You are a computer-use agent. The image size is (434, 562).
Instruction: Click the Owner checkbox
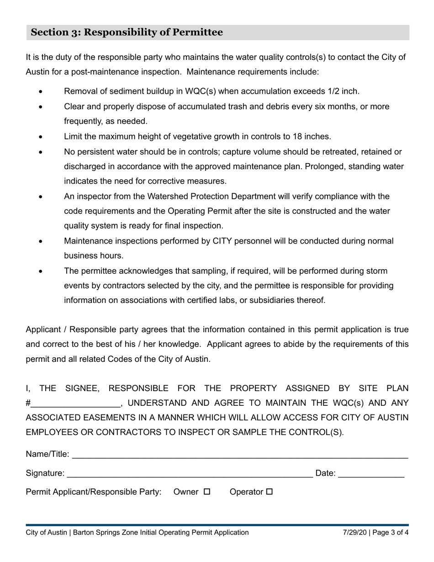pyautogui.click(x=206, y=492)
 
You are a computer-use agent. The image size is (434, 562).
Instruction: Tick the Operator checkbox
pyautogui.click(x=269, y=492)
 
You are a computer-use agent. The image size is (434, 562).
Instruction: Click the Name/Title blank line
pyautogui.click(x=240, y=455)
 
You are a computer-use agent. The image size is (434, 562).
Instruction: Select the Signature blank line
pyautogui.click(x=190, y=474)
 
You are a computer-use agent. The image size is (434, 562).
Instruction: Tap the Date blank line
pyautogui.click(x=371, y=474)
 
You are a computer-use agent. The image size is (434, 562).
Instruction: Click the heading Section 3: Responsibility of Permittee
pyautogui.click(x=127, y=32)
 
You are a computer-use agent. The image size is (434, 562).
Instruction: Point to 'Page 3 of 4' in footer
pyautogui.click(x=392, y=533)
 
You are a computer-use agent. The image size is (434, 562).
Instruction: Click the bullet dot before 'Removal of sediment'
pyautogui.click(x=41, y=92)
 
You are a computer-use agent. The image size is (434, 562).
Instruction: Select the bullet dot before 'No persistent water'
pyautogui.click(x=41, y=152)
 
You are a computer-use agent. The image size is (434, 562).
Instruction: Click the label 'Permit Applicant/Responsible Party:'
pyautogui.click(x=94, y=492)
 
